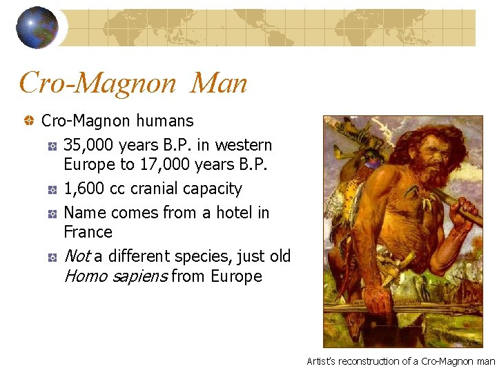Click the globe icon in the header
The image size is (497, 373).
click(37, 28)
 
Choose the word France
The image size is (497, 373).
click(88, 232)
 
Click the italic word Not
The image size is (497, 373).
click(76, 256)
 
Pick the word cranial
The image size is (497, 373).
click(161, 189)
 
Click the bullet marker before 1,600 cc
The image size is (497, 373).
click(52, 189)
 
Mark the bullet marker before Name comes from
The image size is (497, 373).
click(52, 213)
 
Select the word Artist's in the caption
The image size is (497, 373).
click(322, 361)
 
